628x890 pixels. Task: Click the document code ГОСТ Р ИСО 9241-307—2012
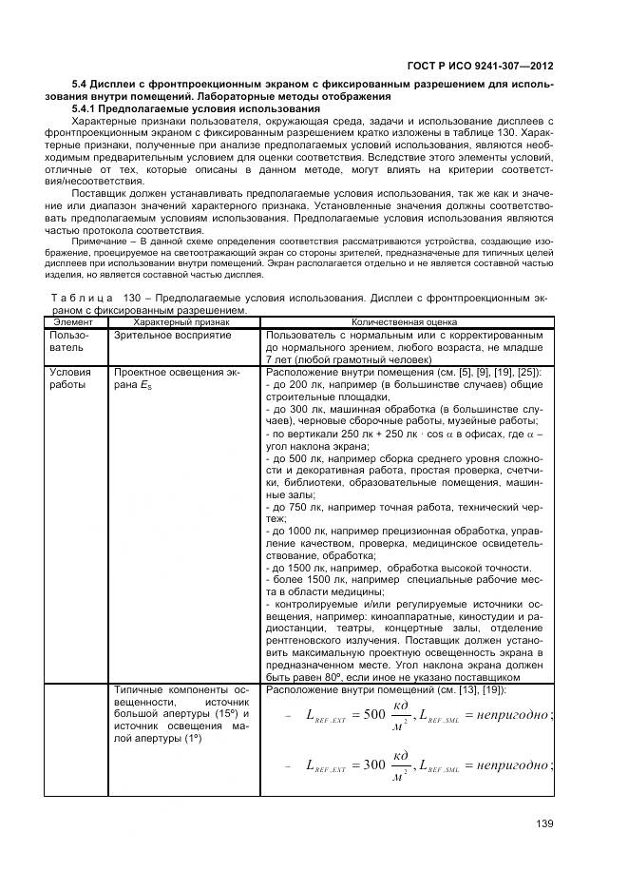tap(492, 67)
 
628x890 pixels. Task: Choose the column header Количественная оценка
tap(403, 323)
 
